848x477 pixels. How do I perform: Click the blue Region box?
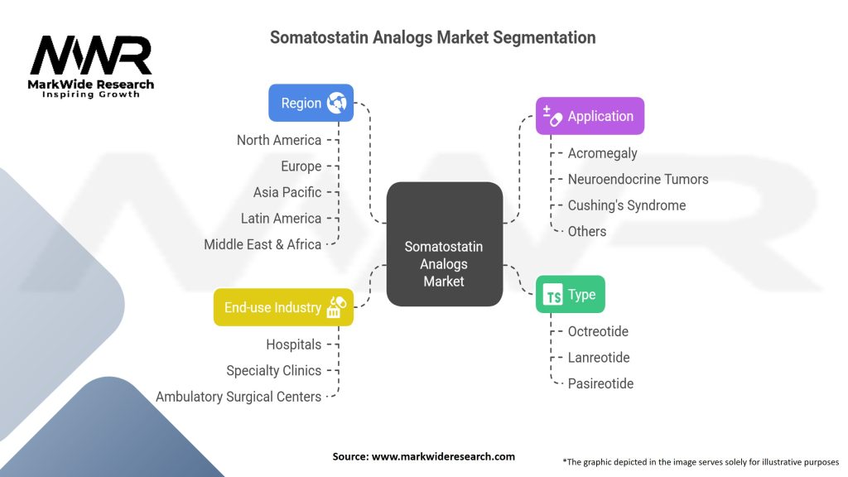click(x=311, y=103)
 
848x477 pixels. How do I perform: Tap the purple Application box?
click(x=590, y=116)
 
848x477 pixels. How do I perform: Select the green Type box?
click(x=571, y=294)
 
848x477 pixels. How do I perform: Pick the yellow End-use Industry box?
click(x=283, y=307)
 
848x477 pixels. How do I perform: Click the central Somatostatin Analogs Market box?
click(x=445, y=244)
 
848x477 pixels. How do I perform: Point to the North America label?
click(x=279, y=140)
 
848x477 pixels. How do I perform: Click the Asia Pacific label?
click(x=287, y=192)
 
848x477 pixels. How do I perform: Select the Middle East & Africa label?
click(x=263, y=244)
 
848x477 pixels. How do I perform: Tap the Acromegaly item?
click(x=603, y=153)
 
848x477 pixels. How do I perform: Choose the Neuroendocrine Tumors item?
click(x=638, y=179)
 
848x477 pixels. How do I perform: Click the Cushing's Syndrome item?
click(x=627, y=205)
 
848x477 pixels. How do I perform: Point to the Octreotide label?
click(x=598, y=331)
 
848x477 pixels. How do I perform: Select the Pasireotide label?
click(x=601, y=383)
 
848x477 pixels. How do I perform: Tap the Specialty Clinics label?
click(x=273, y=370)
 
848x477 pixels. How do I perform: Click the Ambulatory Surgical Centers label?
click(x=238, y=397)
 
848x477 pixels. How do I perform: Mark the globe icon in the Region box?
click(x=336, y=103)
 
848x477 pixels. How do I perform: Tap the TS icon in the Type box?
click(x=552, y=295)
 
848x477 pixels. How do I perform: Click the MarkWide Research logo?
click(x=91, y=66)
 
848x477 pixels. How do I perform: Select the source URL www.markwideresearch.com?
click(x=444, y=456)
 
